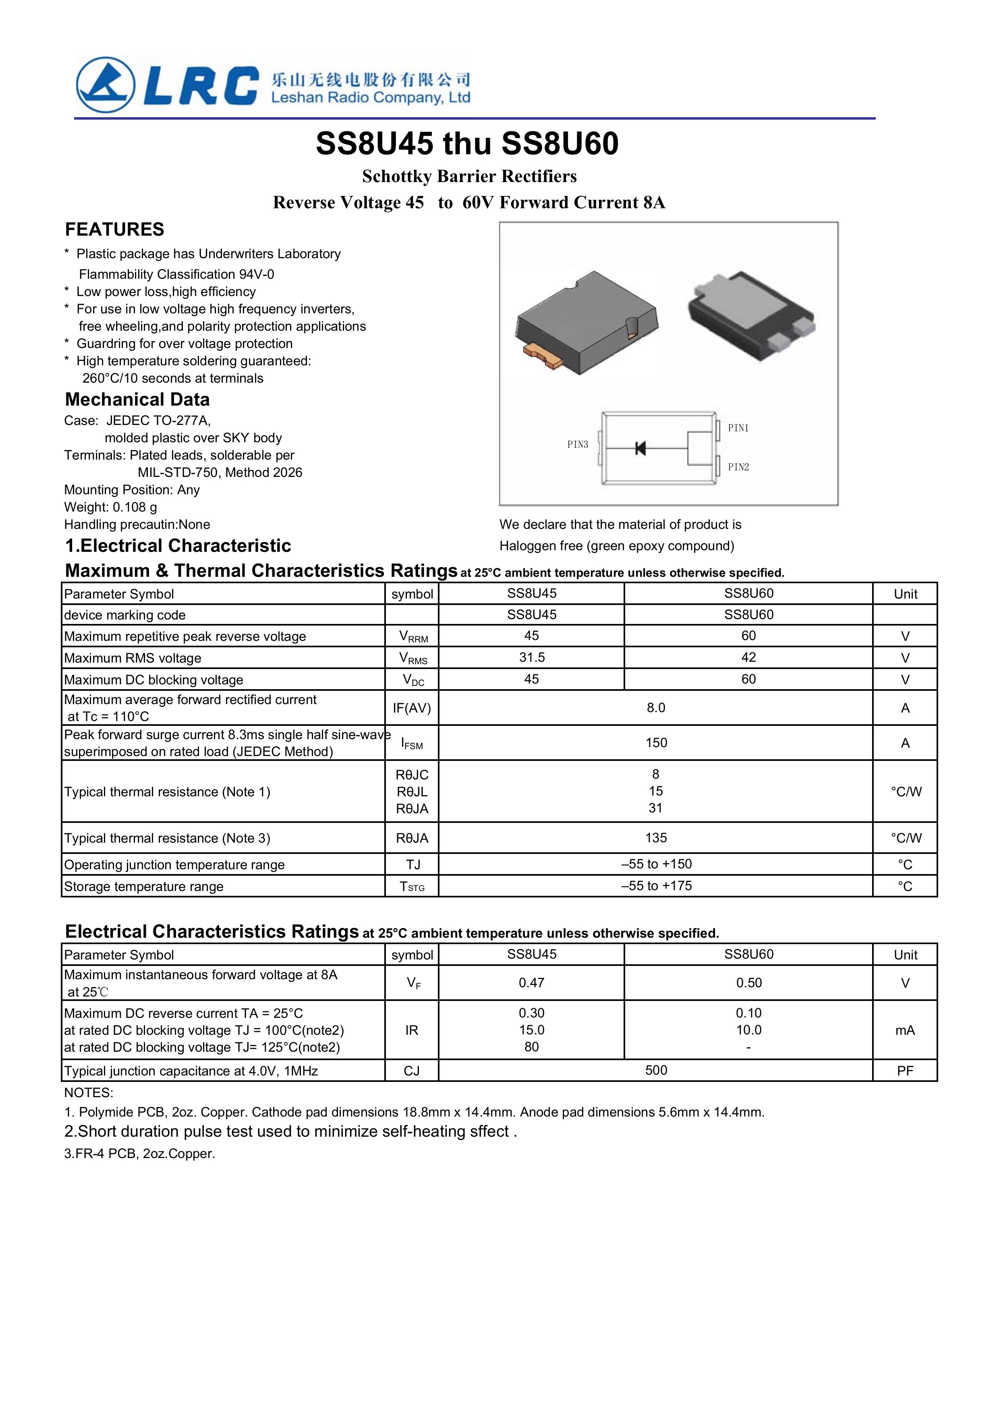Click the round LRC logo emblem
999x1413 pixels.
105,85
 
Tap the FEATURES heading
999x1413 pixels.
114,230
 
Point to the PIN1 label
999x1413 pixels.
738,428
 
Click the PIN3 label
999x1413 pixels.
577,444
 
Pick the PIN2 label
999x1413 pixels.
738,467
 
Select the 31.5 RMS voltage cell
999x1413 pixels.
531,657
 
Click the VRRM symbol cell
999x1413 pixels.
412,636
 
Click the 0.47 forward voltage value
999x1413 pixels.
531,983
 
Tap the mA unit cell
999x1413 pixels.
905,1030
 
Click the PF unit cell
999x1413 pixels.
905,1071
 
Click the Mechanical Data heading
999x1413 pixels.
137,400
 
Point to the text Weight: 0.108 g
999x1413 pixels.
111,507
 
